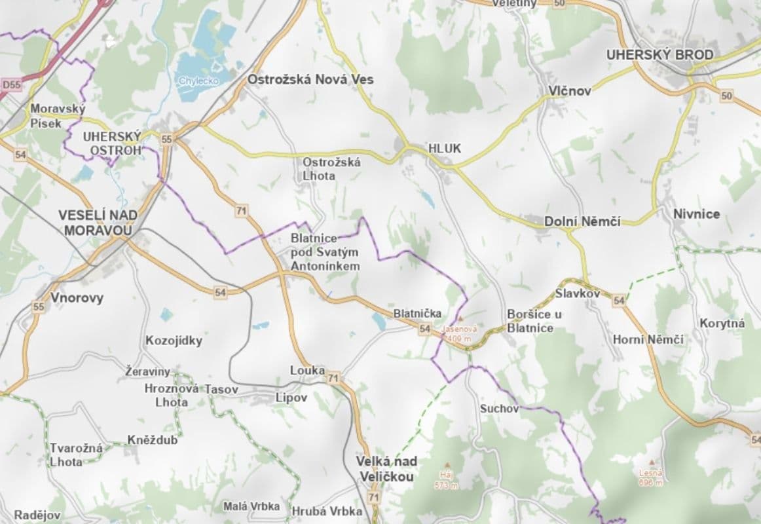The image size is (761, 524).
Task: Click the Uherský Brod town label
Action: point(659,55)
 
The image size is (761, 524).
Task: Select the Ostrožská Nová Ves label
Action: point(310,79)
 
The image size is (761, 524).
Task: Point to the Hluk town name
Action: point(445,149)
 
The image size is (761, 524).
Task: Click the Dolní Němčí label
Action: point(582,222)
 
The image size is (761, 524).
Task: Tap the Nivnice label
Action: point(696,214)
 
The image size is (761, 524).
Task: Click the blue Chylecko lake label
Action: point(196,81)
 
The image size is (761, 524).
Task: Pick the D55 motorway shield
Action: point(11,85)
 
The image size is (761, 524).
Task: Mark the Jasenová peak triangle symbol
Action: point(460,318)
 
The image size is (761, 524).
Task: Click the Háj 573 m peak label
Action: point(447,479)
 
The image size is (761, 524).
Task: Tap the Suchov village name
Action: point(499,409)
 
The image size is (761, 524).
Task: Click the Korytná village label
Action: point(722,323)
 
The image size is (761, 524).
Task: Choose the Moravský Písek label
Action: point(57,116)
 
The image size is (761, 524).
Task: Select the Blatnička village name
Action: point(417,314)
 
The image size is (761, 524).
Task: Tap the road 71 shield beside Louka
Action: point(334,378)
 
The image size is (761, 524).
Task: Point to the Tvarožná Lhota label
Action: point(77,455)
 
